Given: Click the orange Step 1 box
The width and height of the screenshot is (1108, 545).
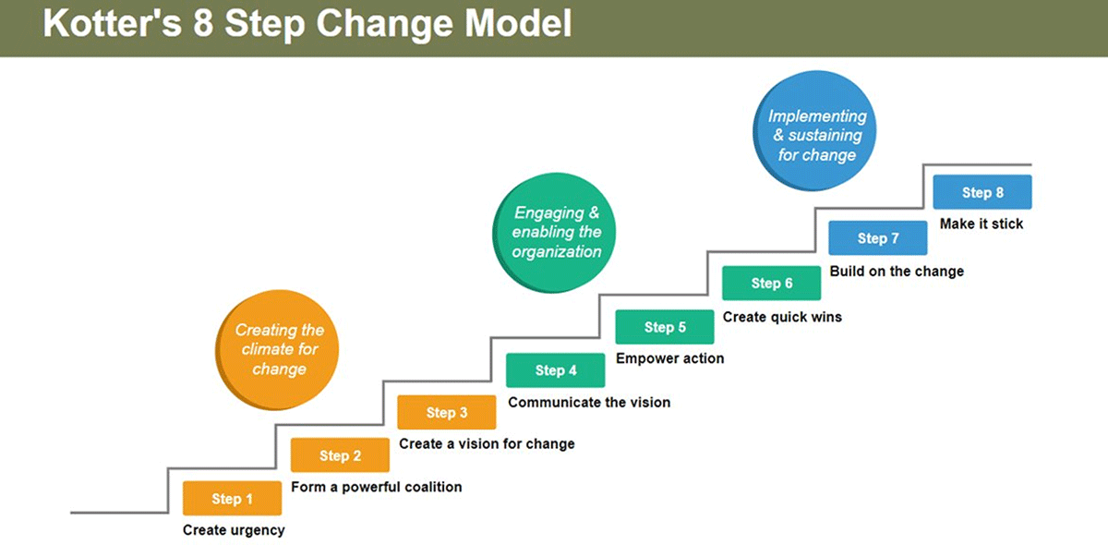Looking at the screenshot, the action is tap(232, 498).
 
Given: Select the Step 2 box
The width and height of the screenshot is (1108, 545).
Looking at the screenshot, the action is tap(340, 454).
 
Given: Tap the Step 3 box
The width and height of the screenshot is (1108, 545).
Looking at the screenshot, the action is tap(447, 412).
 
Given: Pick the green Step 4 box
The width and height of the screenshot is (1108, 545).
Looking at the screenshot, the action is tap(556, 369).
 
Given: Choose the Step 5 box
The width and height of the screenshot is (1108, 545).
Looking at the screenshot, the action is tap(665, 327).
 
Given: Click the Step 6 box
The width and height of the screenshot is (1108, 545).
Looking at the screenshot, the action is tap(772, 283).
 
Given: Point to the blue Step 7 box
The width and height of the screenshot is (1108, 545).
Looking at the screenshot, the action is tap(878, 237).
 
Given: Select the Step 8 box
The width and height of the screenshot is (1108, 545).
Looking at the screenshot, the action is tap(982, 192).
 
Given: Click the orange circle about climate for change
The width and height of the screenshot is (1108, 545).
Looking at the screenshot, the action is tap(277, 349).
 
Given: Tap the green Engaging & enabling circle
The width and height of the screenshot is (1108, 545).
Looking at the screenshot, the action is tap(554, 233).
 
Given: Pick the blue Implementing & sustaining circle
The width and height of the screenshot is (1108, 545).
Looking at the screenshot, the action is tap(814, 130).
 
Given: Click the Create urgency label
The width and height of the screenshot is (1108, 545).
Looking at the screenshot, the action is tap(234, 530).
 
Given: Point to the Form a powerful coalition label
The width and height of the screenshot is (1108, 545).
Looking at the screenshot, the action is tap(377, 487).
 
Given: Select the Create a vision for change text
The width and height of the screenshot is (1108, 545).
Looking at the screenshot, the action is tap(487, 444).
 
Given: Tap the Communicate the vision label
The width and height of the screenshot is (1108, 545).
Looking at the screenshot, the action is tap(589, 403).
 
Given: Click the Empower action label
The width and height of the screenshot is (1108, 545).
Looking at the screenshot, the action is tap(669, 358).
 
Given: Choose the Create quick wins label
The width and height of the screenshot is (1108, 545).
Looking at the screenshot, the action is tap(782, 317).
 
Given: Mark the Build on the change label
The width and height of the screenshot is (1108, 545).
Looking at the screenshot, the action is tap(897, 272).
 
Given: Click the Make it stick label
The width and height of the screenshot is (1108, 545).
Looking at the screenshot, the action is tap(982, 224).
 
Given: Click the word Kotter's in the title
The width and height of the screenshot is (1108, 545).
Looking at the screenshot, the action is tap(113, 23).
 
